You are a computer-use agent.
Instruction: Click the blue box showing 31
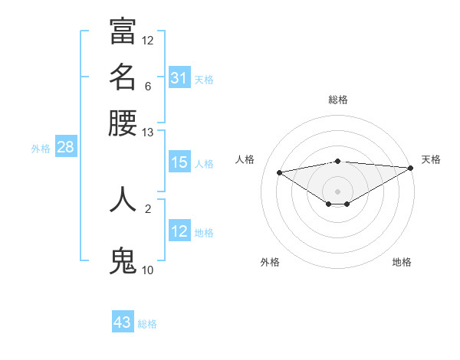[179, 78]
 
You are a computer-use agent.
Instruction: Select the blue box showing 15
[179, 163]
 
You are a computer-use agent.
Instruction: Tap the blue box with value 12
[179, 231]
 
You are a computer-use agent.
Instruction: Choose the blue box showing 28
[65, 148]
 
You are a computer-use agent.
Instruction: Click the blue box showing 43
[123, 322]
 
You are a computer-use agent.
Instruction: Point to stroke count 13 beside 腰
[148, 133]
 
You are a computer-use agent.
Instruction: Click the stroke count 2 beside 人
[148, 208]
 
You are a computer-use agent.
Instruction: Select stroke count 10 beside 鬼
[148, 270]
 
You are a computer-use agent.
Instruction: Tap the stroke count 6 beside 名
[148, 87]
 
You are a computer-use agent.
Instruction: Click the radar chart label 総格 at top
[337, 100]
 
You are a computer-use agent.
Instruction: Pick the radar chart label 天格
[431, 159]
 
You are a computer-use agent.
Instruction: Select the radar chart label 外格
[270, 262]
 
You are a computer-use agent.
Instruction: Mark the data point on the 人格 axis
[280, 172]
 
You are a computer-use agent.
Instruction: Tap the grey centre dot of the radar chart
[337, 191]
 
